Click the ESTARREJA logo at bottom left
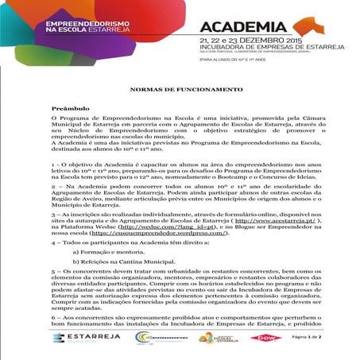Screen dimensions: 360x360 click(x=79, y=337)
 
